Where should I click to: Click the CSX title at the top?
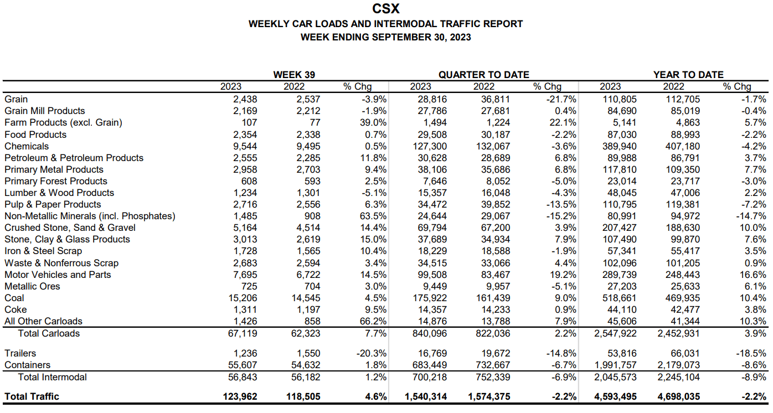click(x=386, y=9)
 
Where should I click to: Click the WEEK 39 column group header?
click(x=295, y=75)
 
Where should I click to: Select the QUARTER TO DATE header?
click(x=483, y=75)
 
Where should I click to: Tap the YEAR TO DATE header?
click(x=688, y=75)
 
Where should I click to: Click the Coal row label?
click(x=14, y=298)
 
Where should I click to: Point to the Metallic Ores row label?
click(x=32, y=286)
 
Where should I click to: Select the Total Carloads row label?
click(x=49, y=333)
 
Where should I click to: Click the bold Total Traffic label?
click(x=32, y=396)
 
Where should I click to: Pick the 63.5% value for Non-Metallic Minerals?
click(x=373, y=216)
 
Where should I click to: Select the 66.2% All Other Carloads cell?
click(x=373, y=321)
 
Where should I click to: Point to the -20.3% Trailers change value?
click(x=371, y=353)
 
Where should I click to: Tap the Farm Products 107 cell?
click(x=249, y=122)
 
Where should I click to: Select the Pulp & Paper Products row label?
click(x=53, y=204)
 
